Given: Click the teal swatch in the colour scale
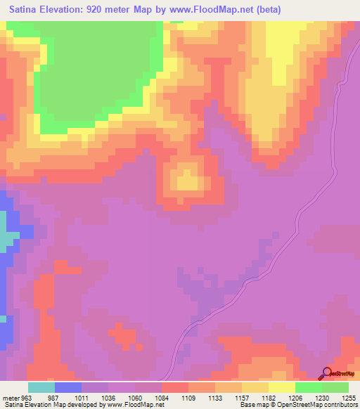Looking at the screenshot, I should click(x=41, y=387).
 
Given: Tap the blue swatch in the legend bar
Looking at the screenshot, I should click(x=68, y=387).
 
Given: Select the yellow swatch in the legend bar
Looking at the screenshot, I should click(x=282, y=387).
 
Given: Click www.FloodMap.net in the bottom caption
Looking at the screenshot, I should click(x=134, y=405).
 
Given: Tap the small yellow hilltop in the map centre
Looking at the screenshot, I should click(x=187, y=181).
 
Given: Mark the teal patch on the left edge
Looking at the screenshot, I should click(x=7, y=240).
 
